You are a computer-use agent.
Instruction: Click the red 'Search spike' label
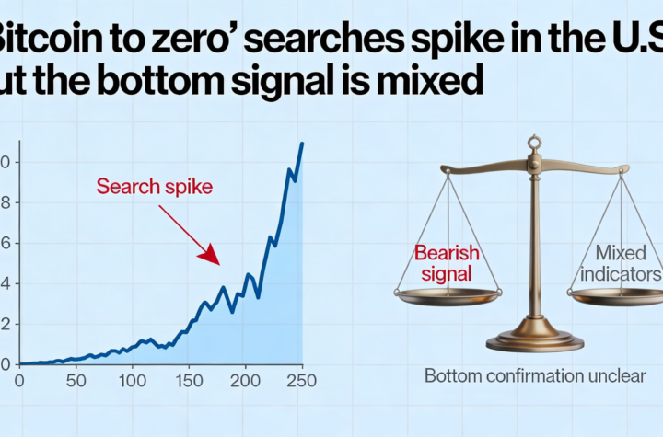(x=154, y=188)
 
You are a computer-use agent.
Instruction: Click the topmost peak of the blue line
(x=302, y=144)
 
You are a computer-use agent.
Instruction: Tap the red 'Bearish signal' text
(x=443, y=262)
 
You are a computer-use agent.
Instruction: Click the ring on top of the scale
(x=533, y=143)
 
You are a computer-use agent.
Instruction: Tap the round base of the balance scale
(x=534, y=342)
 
